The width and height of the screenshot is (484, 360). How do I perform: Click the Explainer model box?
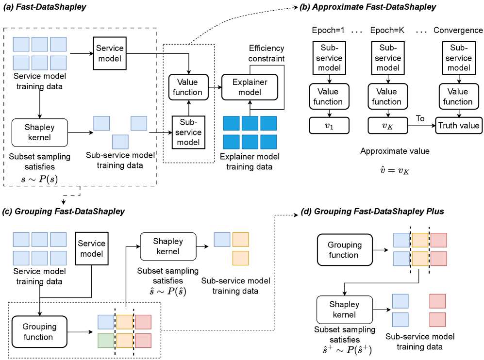coord(249,87)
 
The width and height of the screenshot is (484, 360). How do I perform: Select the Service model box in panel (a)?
coord(110,54)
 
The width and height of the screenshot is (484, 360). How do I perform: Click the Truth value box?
coord(459,126)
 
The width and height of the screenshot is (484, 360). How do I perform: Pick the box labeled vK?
coord(386,126)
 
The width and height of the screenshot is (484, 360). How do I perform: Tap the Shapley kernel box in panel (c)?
coord(168,246)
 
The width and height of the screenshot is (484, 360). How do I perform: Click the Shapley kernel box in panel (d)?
coord(344,310)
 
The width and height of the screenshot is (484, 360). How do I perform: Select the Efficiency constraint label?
coord(267,53)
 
